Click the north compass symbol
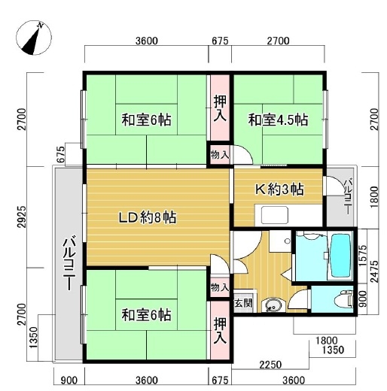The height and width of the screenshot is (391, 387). coord(34,38)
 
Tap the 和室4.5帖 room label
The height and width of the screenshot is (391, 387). coord(278,120)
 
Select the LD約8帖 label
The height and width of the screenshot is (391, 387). coord(148,217)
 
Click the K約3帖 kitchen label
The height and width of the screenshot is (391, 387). coord(279,189)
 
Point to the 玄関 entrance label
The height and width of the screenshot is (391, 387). coord(243,303)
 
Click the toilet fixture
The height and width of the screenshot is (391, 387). coord(344,299)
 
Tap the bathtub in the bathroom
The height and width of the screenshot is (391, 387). coord(341,256)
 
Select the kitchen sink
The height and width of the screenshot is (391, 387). coord(275,215)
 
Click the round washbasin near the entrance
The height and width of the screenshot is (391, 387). coord(272,305)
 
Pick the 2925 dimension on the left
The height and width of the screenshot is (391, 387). coord(22,217)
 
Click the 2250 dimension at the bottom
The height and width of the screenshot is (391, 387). coord(270,365)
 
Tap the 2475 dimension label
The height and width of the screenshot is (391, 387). coord(374,271)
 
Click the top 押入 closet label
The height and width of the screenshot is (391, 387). coord(220,109)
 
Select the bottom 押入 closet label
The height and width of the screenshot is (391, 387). coord(220,332)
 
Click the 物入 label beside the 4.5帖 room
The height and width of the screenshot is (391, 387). coord(220,155)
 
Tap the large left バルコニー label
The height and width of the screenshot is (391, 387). coord(69,265)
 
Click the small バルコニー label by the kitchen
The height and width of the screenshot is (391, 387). coord(348,196)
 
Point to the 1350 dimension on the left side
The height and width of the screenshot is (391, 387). coord(33,338)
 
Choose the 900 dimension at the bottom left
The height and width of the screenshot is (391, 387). coord(69,380)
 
